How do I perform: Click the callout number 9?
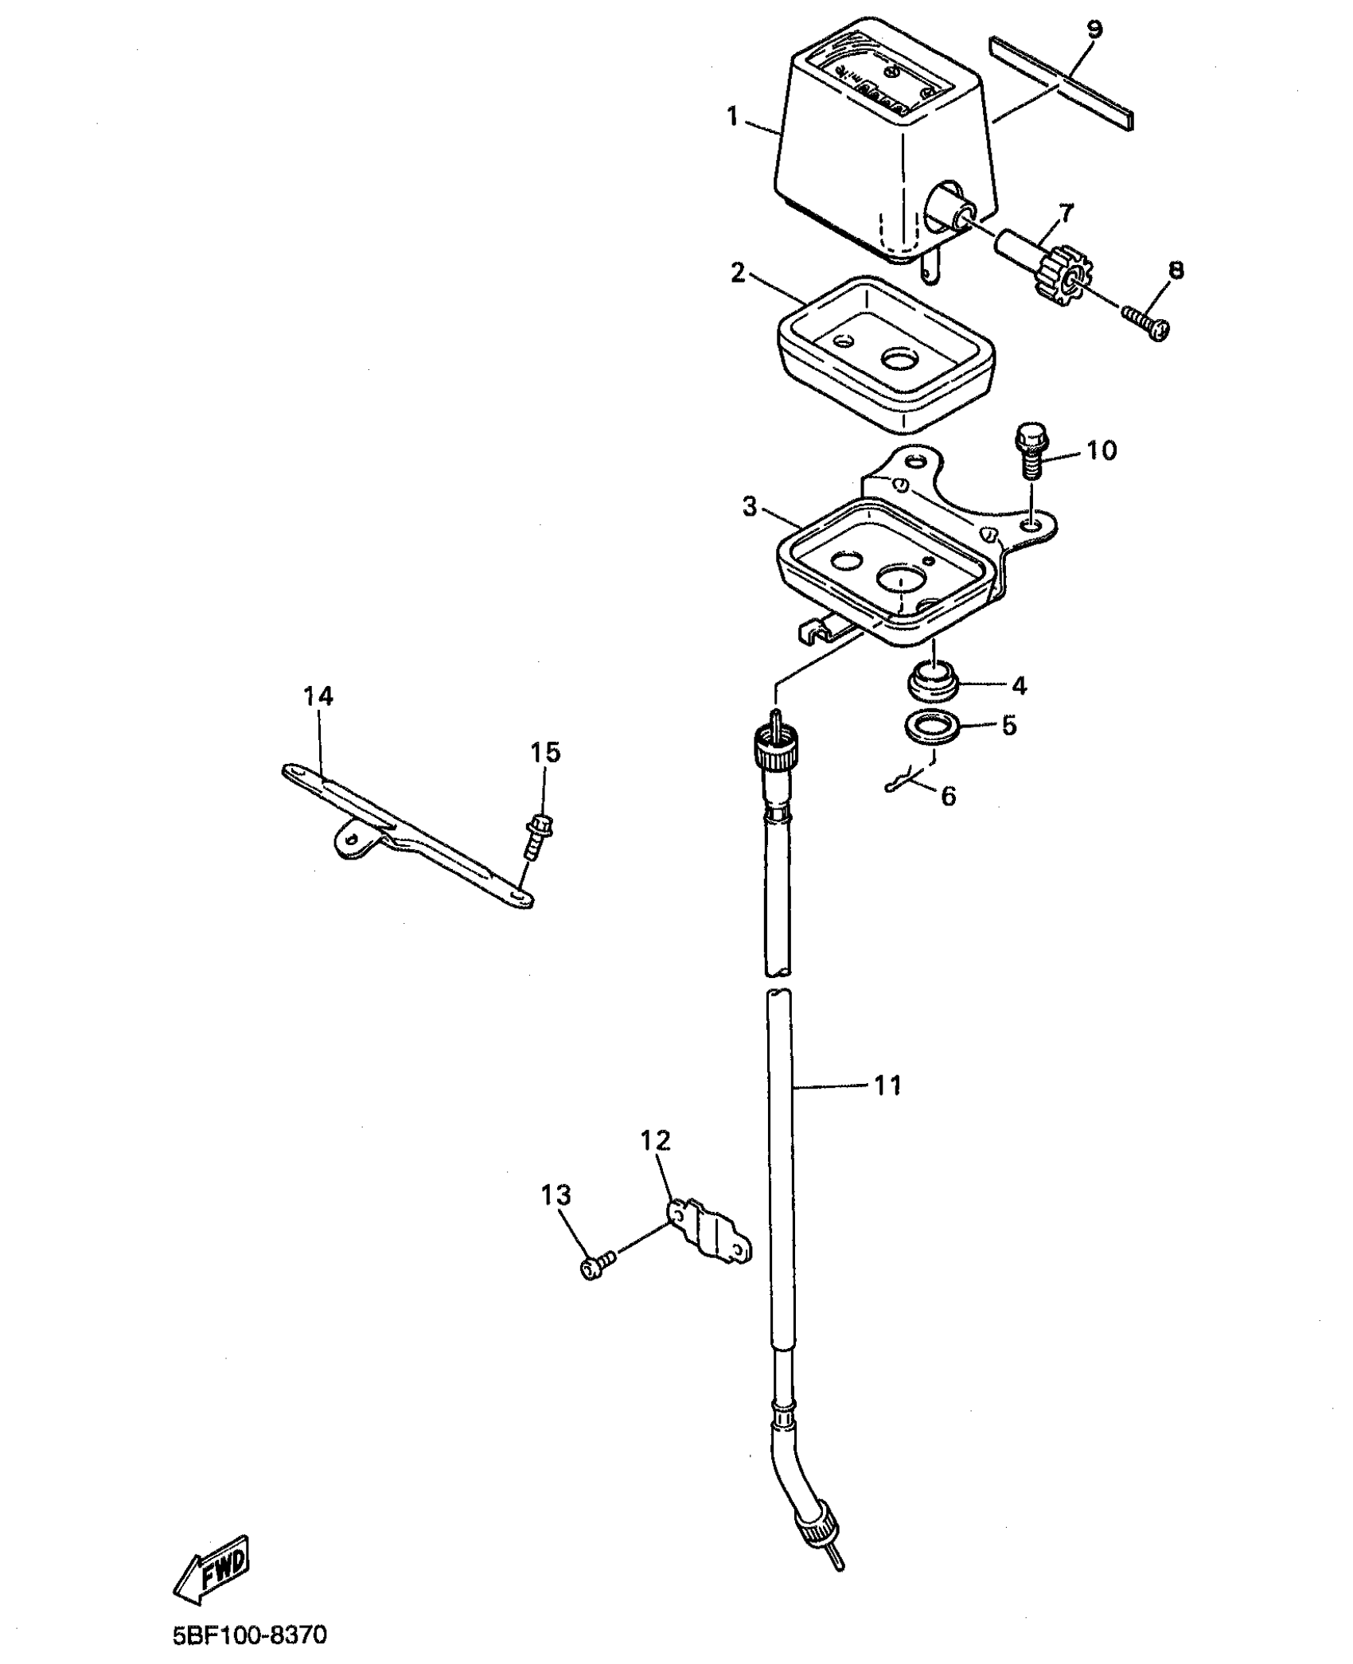coord(1095,30)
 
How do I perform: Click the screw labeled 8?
coord(1147,322)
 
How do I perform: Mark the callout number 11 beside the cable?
coord(887,1085)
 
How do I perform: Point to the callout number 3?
coord(750,506)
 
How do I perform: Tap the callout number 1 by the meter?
coord(733,117)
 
